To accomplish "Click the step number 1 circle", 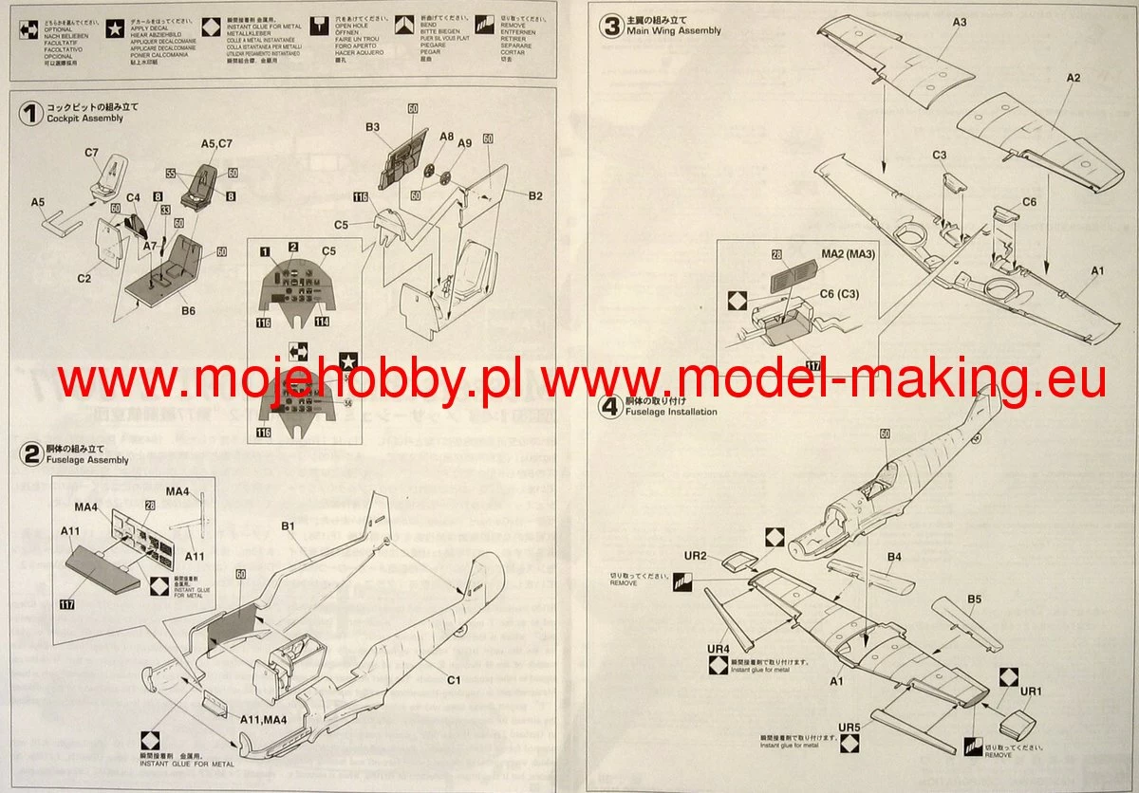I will pos(30,114).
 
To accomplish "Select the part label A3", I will pos(959,22).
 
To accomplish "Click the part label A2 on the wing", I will pos(1073,78).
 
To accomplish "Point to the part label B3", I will pos(372,126).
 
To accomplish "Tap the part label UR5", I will pos(850,727).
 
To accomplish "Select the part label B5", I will pos(974,599).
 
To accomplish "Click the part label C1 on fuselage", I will pos(454,680).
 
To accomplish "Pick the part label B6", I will pos(188,310).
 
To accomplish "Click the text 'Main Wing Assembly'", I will pos(673,30).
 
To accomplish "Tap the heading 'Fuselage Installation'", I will pos(671,412).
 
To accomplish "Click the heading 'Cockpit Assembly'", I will pos(84,119).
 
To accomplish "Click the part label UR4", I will pos(718,649).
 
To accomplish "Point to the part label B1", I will pos(289,525).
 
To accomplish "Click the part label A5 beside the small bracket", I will pos(38,202).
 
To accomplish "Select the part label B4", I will pos(894,556).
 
